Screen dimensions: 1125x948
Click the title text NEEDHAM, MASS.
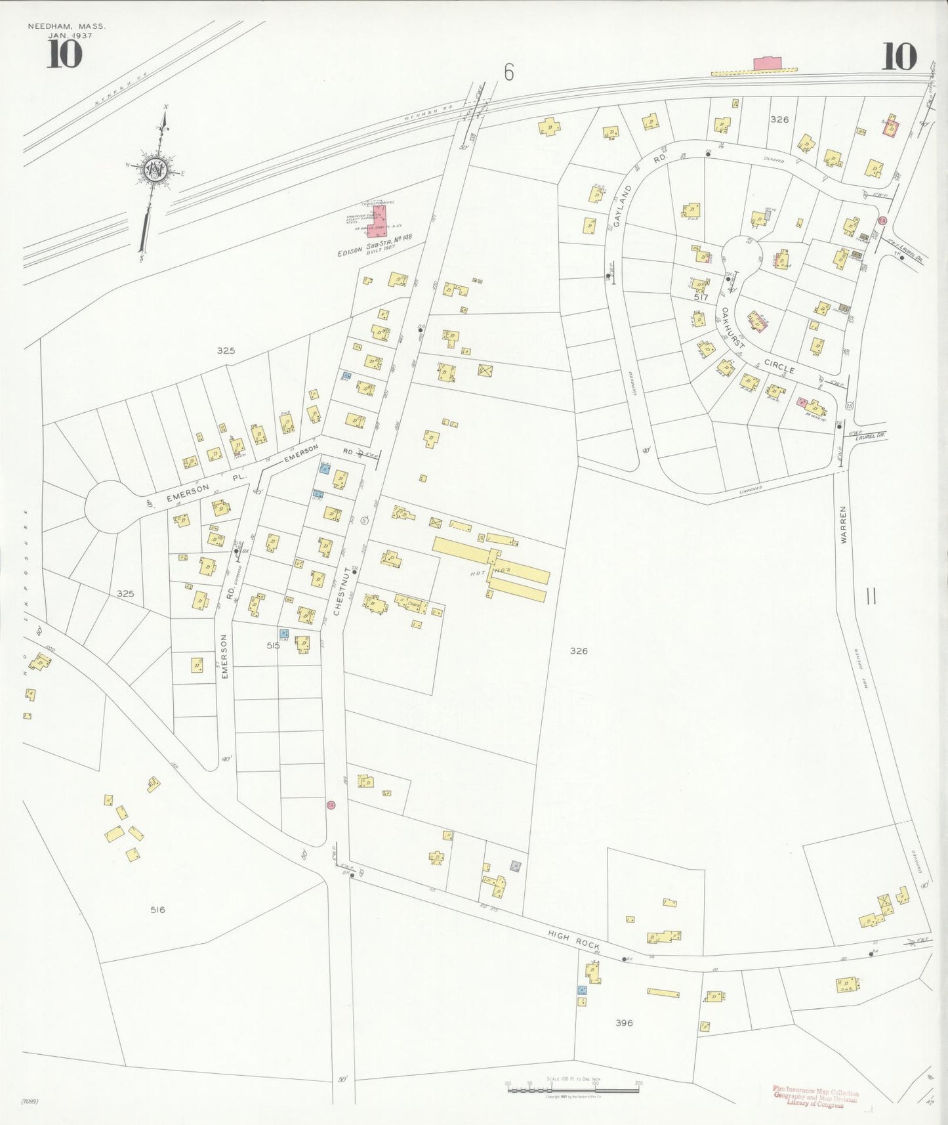coord(66,27)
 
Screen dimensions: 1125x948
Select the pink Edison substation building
coord(377,221)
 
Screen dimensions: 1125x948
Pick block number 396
coord(624,1023)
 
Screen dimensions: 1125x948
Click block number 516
coord(157,910)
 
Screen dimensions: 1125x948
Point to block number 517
coord(701,297)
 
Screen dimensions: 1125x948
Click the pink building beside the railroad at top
coord(767,64)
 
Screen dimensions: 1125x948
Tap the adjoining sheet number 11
coord(871,597)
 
